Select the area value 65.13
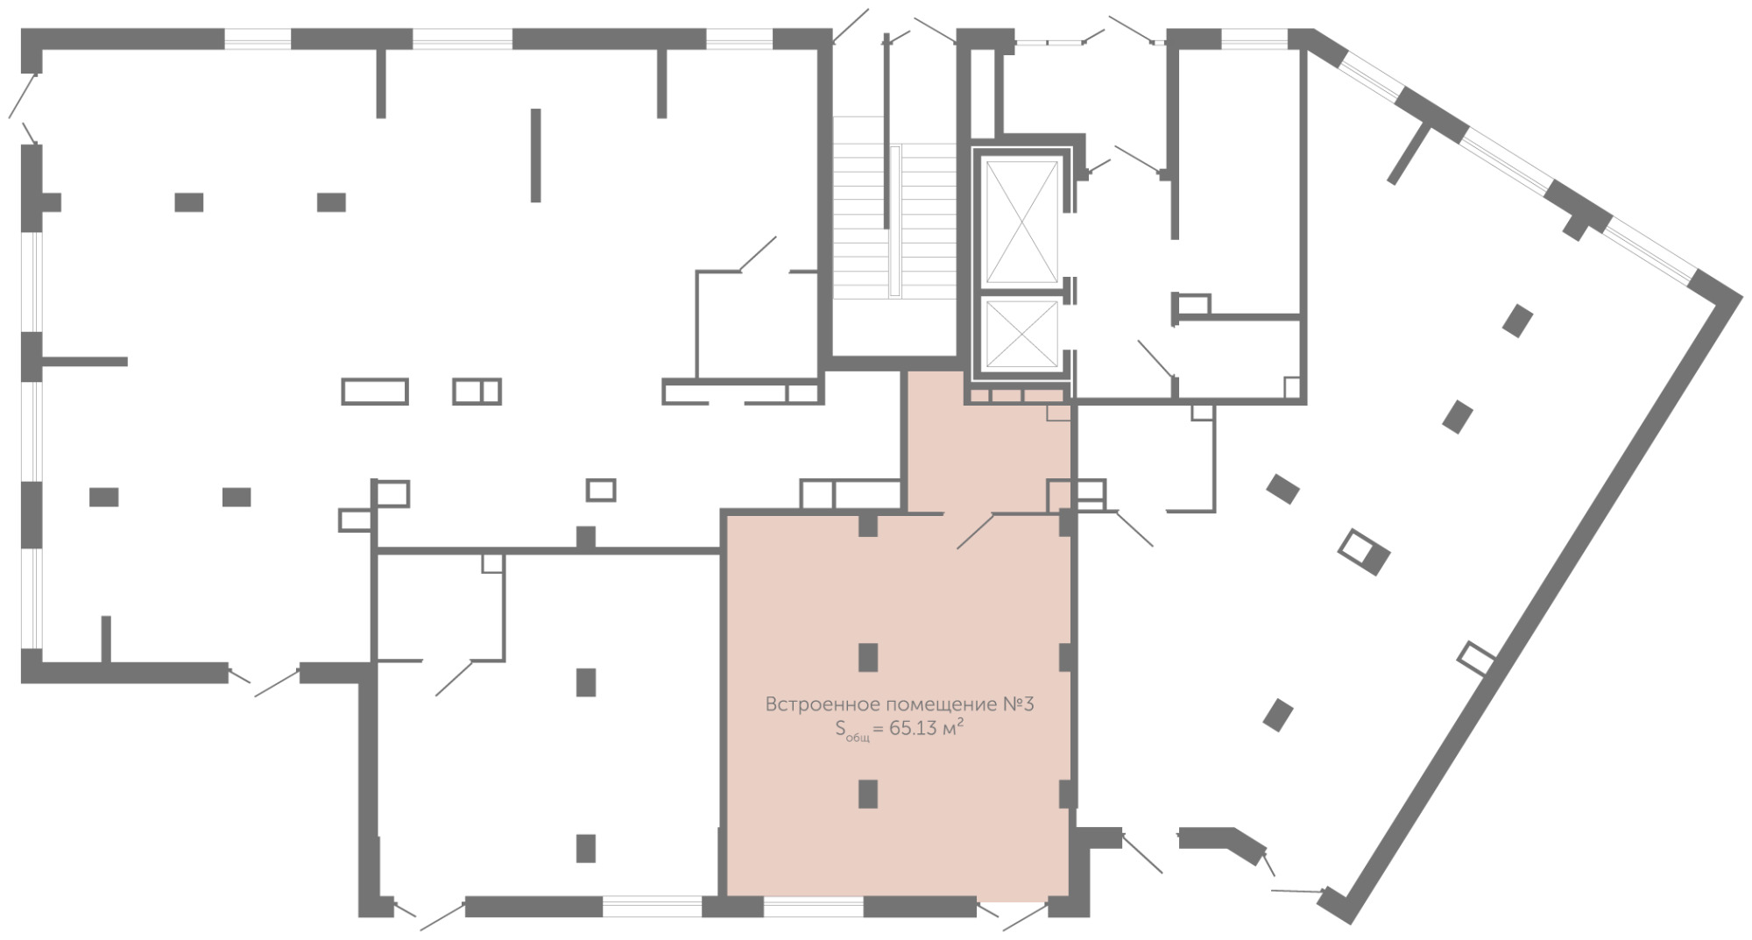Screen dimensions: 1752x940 click(x=912, y=728)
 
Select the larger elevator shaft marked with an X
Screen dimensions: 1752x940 click(x=1021, y=223)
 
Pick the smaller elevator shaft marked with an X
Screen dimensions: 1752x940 click(x=1021, y=334)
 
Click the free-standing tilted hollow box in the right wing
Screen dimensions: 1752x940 click(x=1364, y=552)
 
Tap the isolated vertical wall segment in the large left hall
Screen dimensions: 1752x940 click(x=536, y=155)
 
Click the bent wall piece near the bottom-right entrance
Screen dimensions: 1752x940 click(x=1221, y=840)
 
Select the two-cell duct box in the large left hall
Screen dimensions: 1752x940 click(x=477, y=391)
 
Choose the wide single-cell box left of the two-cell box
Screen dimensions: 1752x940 click(x=375, y=391)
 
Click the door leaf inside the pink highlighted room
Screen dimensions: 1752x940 click(x=976, y=531)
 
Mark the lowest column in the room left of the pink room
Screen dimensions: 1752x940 click(x=586, y=848)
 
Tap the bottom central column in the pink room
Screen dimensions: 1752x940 click(x=868, y=794)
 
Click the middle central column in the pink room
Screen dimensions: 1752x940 click(x=868, y=657)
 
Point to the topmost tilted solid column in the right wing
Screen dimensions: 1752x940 click(x=1517, y=321)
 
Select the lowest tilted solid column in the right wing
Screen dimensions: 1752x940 click(x=1278, y=715)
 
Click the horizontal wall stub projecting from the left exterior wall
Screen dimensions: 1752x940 click(x=85, y=362)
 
